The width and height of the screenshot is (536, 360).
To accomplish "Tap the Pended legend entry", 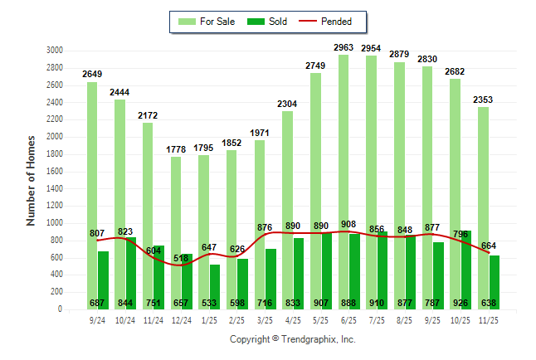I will pos(325,22).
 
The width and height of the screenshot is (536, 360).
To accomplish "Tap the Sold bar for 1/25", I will pos(215,287).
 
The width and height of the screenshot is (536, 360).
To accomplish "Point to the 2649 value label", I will pos(92,75).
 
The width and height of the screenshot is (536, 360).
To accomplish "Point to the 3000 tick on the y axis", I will pos(54,51).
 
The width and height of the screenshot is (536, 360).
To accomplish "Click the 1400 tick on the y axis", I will pos(54,188).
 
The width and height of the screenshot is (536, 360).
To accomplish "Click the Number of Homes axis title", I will pos(31,180).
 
